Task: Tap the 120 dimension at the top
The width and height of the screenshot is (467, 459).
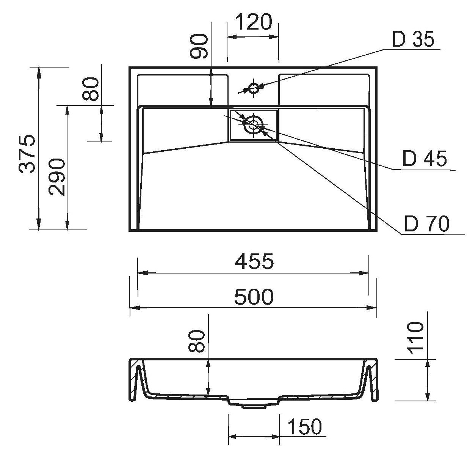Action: click(x=254, y=22)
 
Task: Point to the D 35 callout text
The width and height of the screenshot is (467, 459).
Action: click(x=413, y=39)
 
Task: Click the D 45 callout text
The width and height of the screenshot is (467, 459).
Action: click(x=425, y=159)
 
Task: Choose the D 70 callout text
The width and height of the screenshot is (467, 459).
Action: click(x=427, y=224)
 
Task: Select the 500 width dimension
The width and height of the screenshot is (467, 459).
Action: click(x=254, y=297)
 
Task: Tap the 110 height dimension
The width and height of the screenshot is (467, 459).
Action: click(x=415, y=338)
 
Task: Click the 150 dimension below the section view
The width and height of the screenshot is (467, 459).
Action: click(x=305, y=427)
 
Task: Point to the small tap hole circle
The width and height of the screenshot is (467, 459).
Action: click(x=254, y=88)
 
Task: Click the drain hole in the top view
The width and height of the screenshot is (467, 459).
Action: click(x=254, y=124)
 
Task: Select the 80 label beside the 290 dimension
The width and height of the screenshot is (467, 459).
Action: click(x=91, y=89)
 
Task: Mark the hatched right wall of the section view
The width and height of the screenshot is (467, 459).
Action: click(x=374, y=379)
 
